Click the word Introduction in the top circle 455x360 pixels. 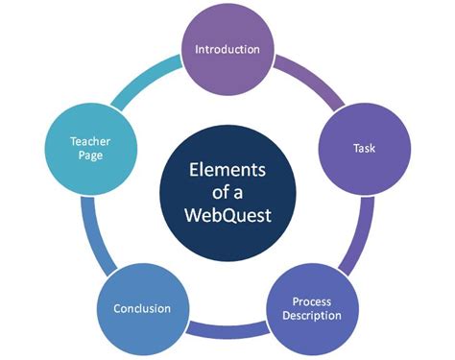tap(227, 49)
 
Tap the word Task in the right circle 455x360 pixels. tap(364, 148)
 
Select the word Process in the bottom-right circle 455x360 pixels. tap(312, 301)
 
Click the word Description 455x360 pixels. tap(312, 316)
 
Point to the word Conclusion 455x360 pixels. tap(142, 308)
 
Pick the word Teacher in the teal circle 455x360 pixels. tap(90, 141)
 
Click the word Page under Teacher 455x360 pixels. tap(90, 156)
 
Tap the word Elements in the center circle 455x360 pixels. tap(227, 170)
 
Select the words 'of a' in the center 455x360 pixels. tap(227, 192)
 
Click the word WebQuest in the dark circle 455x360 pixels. tap(227, 215)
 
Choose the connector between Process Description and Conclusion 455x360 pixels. tap(227, 329)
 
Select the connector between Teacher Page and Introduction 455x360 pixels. tap(143, 80)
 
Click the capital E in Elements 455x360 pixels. tap(194, 170)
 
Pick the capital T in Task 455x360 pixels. tap(356, 148)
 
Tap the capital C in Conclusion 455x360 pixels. tap(117, 308)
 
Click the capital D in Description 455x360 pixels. tap(286, 315)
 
